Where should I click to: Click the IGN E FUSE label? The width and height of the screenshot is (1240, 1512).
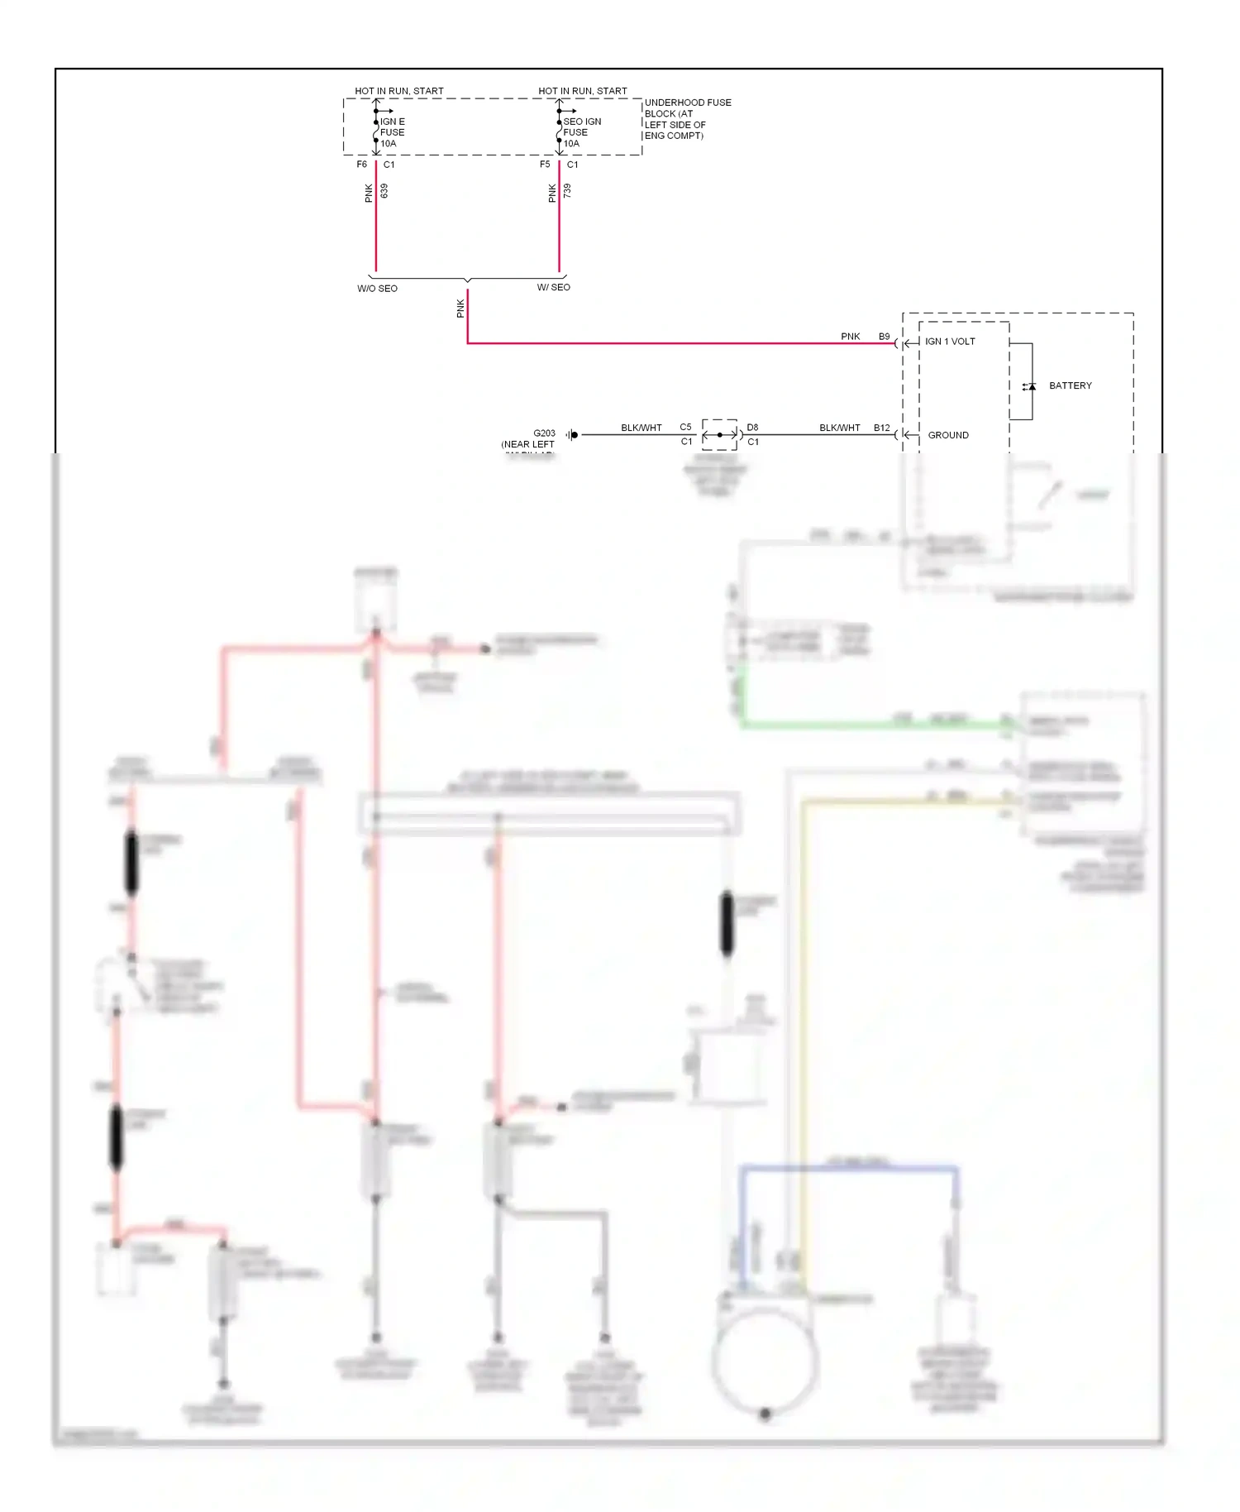pos(392,132)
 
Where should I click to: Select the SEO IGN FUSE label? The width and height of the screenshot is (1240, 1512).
pos(581,132)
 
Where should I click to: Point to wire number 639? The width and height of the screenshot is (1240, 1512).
pos(384,191)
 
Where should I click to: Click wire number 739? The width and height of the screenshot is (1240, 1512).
pos(567,191)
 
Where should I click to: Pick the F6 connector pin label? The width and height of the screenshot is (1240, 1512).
pos(361,165)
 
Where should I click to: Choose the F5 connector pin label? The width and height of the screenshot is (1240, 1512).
pos(545,165)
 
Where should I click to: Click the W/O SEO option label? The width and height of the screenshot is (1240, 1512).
pos(377,289)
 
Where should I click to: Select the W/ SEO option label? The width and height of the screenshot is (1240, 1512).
pos(554,288)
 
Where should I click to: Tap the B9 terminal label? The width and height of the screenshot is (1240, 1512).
pos(884,337)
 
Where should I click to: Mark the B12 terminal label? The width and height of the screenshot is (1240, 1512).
pos(881,428)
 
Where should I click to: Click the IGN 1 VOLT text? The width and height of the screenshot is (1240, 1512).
pos(950,342)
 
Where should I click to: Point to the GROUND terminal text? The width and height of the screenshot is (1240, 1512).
pos(948,435)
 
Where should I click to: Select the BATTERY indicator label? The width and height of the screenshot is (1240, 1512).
pos(1070,385)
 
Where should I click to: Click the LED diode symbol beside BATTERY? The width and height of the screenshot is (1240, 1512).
pos(1030,386)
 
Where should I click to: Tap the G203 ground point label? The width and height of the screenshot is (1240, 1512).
pos(544,433)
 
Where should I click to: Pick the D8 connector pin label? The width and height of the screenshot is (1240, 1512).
pos(752,428)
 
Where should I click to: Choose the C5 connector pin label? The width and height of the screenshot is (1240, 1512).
pos(685,428)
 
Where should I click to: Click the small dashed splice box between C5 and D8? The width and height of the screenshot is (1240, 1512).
pos(719,434)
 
